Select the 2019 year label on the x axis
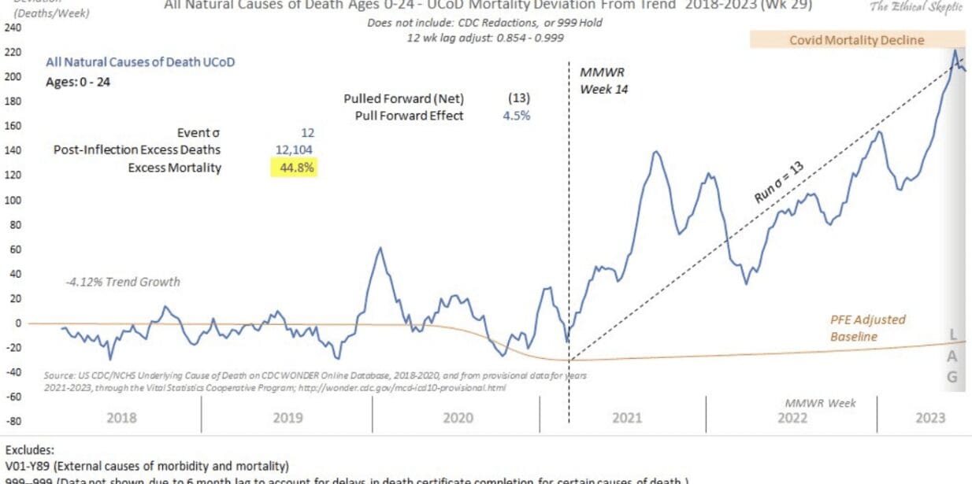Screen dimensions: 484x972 pyautogui.click(x=288, y=418)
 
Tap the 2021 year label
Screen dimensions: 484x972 pyautogui.click(x=627, y=418)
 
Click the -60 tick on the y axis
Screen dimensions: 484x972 pyautogui.click(x=14, y=397)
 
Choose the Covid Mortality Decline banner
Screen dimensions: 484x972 pyautogui.click(x=856, y=39)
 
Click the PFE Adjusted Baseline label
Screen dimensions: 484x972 pyautogui.click(x=867, y=328)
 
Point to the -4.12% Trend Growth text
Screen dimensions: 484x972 pyautogui.click(x=123, y=282)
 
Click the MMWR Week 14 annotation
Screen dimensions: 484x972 pyautogui.click(x=604, y=81)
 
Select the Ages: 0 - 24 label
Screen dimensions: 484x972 pyautogui.click(x=77, y=80)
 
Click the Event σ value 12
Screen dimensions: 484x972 pyautogui.click(x=307, y=132)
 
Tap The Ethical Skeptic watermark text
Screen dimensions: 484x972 pyautogui.click(x=917, y=6)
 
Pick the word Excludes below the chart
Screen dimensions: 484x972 pyautogui.click(x=30, y=452)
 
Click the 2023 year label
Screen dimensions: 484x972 pyautogui.click(x=930, y=418)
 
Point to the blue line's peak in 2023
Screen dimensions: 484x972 pyautogui.click(x=955, y=51)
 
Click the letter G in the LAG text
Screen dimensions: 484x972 pyautogui.click(x=952, y=377)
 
